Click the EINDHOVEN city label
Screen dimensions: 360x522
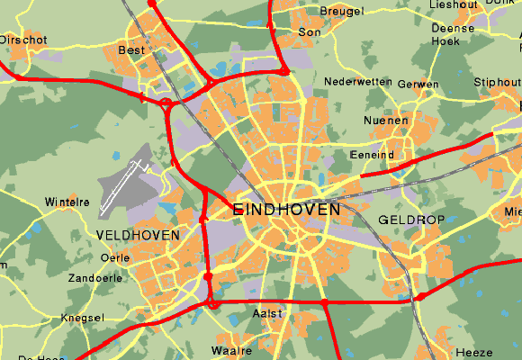[x=286, y=209]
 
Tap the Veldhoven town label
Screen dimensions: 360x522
[x=137, y=235]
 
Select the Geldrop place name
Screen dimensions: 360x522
[x=406, y=220]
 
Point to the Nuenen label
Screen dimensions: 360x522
[x=386, y=121]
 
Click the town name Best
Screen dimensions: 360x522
[x=131, y=51]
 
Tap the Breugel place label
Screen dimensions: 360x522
[x=342, y=11]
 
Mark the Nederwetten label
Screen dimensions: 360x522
[x=357, y=82]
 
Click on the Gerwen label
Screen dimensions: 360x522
[x=418, y=85]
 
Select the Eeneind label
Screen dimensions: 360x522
[x=372, y=155]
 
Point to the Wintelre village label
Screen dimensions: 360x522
[x=67, y=202]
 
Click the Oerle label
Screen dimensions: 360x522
[x=116, y=257]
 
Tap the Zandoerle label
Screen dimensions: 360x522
[x=94, y=278]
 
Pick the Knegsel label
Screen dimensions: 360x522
[x=82, y=318]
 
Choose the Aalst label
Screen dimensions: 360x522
[x=268, y=313]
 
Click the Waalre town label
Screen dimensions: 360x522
[x=231, y=350]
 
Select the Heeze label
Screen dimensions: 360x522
[x=474, y=352]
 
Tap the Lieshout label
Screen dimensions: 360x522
[x=453, y=4]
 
